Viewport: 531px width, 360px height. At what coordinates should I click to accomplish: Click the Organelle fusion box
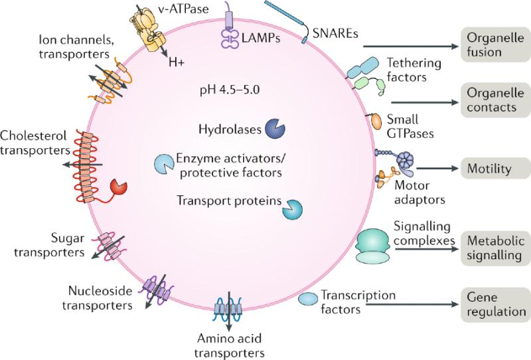495,45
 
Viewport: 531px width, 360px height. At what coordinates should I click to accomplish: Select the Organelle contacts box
495,100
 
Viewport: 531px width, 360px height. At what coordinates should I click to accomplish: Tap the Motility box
495,169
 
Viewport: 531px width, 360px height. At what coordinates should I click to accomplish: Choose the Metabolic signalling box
495,248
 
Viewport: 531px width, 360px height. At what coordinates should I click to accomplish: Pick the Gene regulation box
495,305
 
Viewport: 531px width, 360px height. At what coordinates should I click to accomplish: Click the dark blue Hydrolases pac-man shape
275,129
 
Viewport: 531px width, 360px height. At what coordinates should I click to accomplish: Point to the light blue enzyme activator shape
164,164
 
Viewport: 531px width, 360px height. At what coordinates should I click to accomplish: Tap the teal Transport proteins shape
293,209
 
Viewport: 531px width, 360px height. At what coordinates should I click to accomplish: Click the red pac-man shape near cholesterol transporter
118,187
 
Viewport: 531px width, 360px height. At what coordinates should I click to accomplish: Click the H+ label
177,62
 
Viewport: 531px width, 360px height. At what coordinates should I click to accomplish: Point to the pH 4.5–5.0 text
230,90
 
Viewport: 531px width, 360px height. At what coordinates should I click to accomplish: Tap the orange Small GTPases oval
376,122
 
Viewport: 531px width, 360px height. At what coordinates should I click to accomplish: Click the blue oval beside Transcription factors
308,300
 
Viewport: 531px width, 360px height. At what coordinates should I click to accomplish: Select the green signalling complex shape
372,246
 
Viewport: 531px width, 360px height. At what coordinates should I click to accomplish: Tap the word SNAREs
335,33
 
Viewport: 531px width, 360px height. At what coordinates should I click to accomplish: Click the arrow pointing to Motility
437,168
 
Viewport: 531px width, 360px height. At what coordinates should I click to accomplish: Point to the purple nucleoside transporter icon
157,291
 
